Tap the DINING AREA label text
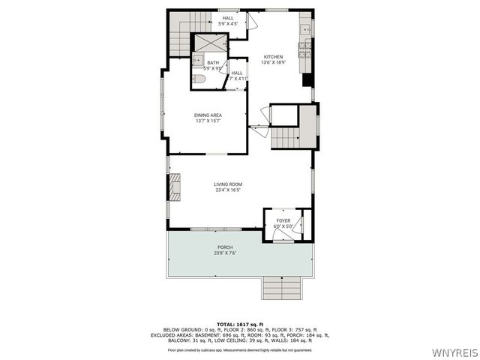tap(208, 115)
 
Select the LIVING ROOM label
tap(228, 184)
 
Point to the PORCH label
tap(225, 247)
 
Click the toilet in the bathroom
tap(199, 79)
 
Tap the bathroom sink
tap(195, 59)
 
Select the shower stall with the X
tap(209, 43)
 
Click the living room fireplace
tap(175, 187)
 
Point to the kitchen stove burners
tap(305, 49)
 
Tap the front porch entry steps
tap(283, 288)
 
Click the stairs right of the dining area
tap(286, 138)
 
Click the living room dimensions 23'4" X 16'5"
tap(228, 190)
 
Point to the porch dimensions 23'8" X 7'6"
tap(225, 253)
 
